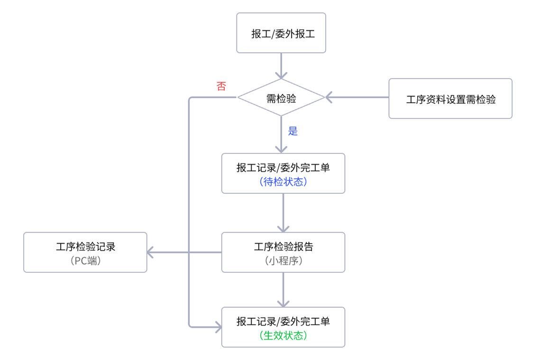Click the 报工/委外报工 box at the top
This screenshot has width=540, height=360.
click(x=281, y=33)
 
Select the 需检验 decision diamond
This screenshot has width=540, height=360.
click(x=281, y=98)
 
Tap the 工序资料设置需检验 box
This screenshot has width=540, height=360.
click(x=450, y=99)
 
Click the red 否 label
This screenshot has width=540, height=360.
click(x=221, y=86)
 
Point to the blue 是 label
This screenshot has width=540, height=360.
click(x=293, y=131)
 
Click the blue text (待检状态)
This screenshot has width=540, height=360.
click(x=283, y=181)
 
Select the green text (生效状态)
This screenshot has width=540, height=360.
click(x=283, y=335)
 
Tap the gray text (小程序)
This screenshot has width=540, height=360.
click(x=283, y=260)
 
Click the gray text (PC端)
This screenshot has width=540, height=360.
click(x=85, y=260)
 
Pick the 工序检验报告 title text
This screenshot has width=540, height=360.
click(x=283, y=246)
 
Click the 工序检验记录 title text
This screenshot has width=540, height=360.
click(x=85, y=246)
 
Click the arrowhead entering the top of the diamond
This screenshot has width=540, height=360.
click(x=281, y=75)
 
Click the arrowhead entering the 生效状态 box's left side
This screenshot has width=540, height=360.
click(x=218, y=327)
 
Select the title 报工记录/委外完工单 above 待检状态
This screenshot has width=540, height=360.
click(x=283, y=168)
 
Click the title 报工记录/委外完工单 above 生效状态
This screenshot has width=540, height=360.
click(x=283, y=322)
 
